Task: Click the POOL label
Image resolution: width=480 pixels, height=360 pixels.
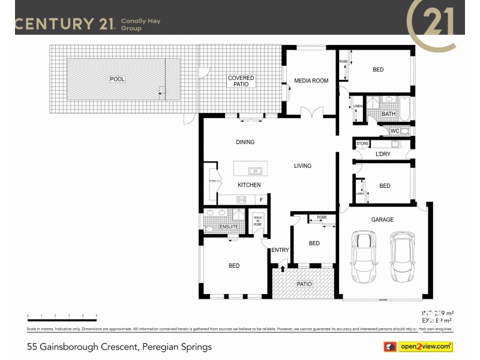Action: tap(117, 79)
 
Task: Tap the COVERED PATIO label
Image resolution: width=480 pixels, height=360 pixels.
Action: tap(241, 82)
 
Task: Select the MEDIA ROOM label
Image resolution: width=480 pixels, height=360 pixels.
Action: tap(311, 80)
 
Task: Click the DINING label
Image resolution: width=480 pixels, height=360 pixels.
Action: tap(245, 142)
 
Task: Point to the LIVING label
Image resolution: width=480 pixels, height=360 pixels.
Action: tap(302, 166)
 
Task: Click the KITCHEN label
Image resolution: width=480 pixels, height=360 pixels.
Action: tap(248, 185)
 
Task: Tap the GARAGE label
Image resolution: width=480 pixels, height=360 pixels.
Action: tap(382, 220)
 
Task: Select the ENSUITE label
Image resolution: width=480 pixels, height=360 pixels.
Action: tap(229, 227)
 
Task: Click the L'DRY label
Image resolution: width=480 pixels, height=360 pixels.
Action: tap(383, 154)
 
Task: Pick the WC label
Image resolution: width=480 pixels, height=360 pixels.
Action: tap(395, 131)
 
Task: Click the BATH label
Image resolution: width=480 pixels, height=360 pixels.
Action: tap(389, 113)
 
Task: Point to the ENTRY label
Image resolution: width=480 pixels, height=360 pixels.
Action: tap(280, 250)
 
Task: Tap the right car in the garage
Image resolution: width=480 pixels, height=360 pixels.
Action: tap(402, 258)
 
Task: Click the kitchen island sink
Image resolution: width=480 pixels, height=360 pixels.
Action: tap(255, 171)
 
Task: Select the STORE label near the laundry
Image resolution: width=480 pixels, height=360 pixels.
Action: tap(362, 144)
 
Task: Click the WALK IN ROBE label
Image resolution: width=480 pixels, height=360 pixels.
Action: tap(258, 220)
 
